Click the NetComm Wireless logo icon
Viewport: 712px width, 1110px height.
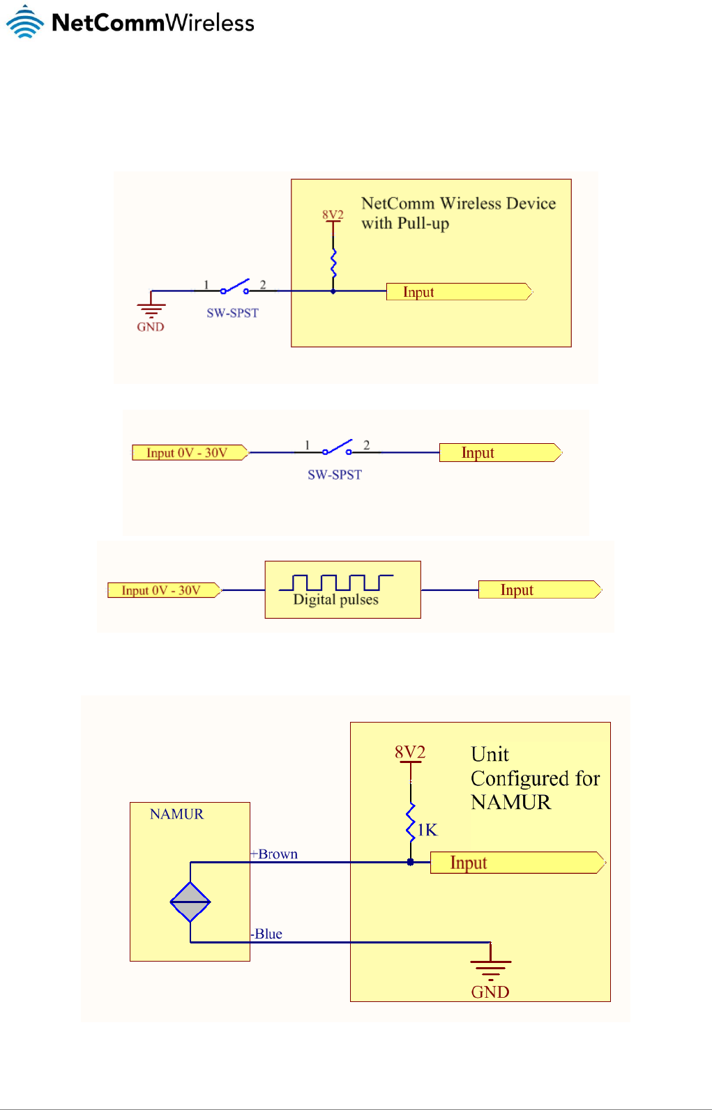pos(25,22)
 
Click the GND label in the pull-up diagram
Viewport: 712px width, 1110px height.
pos(151,327)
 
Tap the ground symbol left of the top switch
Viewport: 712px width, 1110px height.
pos(151,306)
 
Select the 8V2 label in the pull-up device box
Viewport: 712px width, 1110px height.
pos(333,215)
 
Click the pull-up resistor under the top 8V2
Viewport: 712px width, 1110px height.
pos(333,263)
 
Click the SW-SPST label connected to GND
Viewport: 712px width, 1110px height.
pos(232,313)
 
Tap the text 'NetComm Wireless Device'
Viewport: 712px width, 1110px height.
pos(458,203)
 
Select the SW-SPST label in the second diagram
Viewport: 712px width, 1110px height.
pos(335,475)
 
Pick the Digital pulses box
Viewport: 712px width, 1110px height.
pos(342,589)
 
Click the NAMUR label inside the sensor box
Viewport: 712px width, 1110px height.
pos(176,814)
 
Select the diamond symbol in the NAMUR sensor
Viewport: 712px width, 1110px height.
pos(190,902)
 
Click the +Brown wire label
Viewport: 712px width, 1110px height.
pos(274,854)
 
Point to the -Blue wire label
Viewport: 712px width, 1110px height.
pos(266,934)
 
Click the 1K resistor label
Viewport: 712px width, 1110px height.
pos(427,829)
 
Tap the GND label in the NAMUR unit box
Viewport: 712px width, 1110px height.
pos(490,992)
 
